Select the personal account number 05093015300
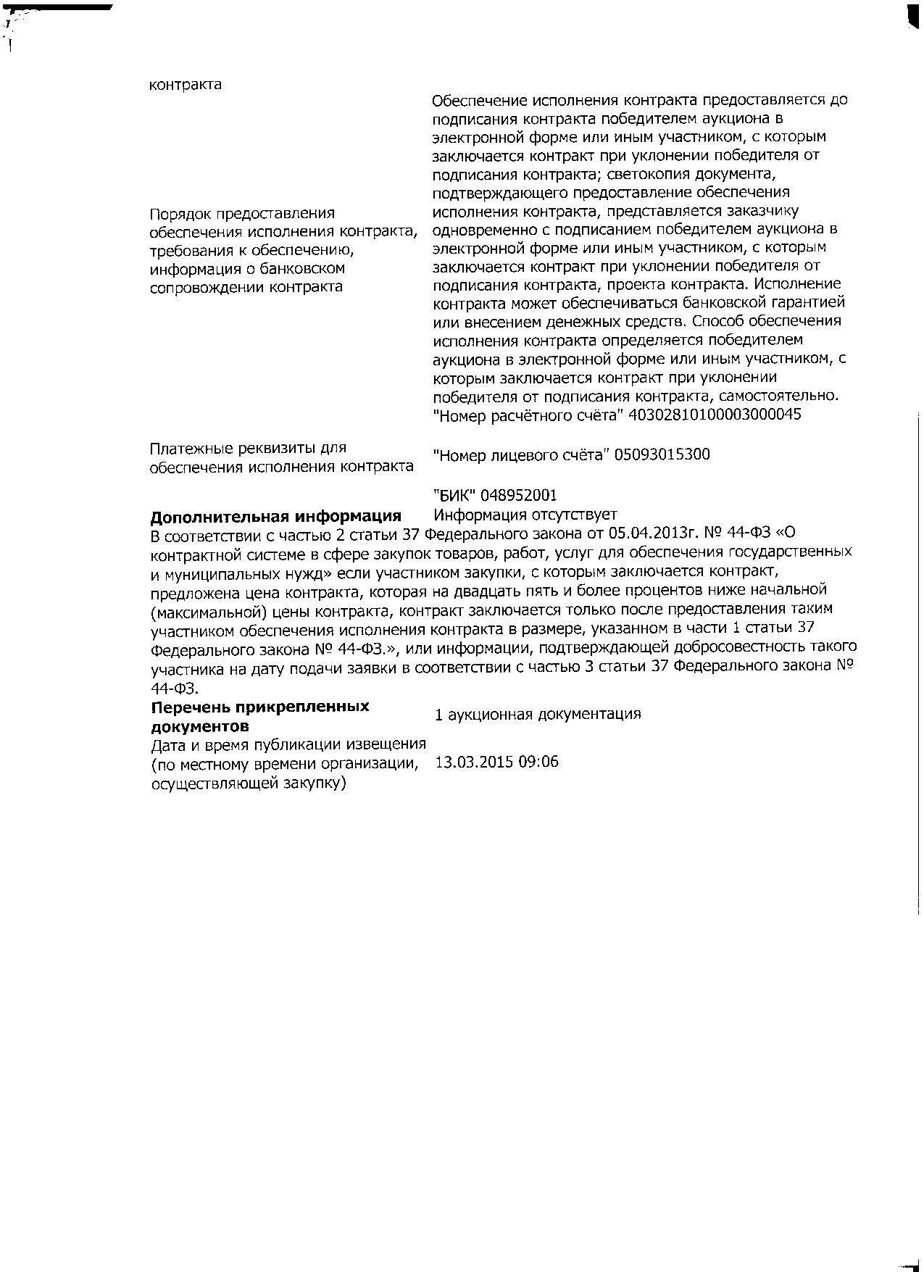(x=662, y=454)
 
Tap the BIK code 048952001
(x=519, y=495)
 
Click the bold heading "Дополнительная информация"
(x=275, y=516)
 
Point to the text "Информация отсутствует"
(x=525, y=515)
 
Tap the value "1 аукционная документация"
(x=537, y=714)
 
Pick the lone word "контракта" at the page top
(x=186, y=85)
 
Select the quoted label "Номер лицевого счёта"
(x=521, y=454)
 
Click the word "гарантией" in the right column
(x=809, y=302)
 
